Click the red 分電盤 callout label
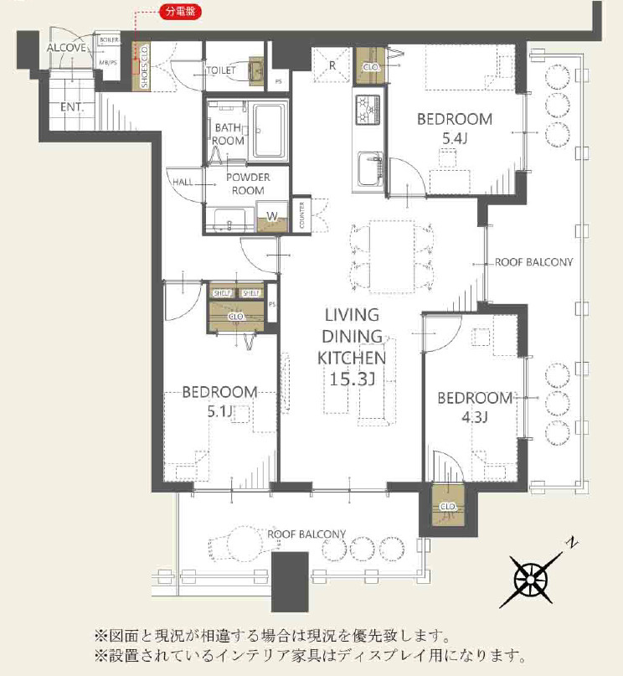point(181,11)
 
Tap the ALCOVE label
point(67,48)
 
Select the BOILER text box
point(109,39)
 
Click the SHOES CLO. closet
point(141,67)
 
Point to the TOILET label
point(221,70)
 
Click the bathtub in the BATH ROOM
point(270,130)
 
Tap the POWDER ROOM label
point(248,183)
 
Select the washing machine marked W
point(272,216)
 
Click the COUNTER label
point(301,215)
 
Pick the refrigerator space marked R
point(332,65)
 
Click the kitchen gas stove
point(368,109)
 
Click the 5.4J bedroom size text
point(455,138)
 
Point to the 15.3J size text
point(352,379)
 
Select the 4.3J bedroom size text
point(474,417)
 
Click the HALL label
point(183,182)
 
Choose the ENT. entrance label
point(71,107)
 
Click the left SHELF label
point(222,293)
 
